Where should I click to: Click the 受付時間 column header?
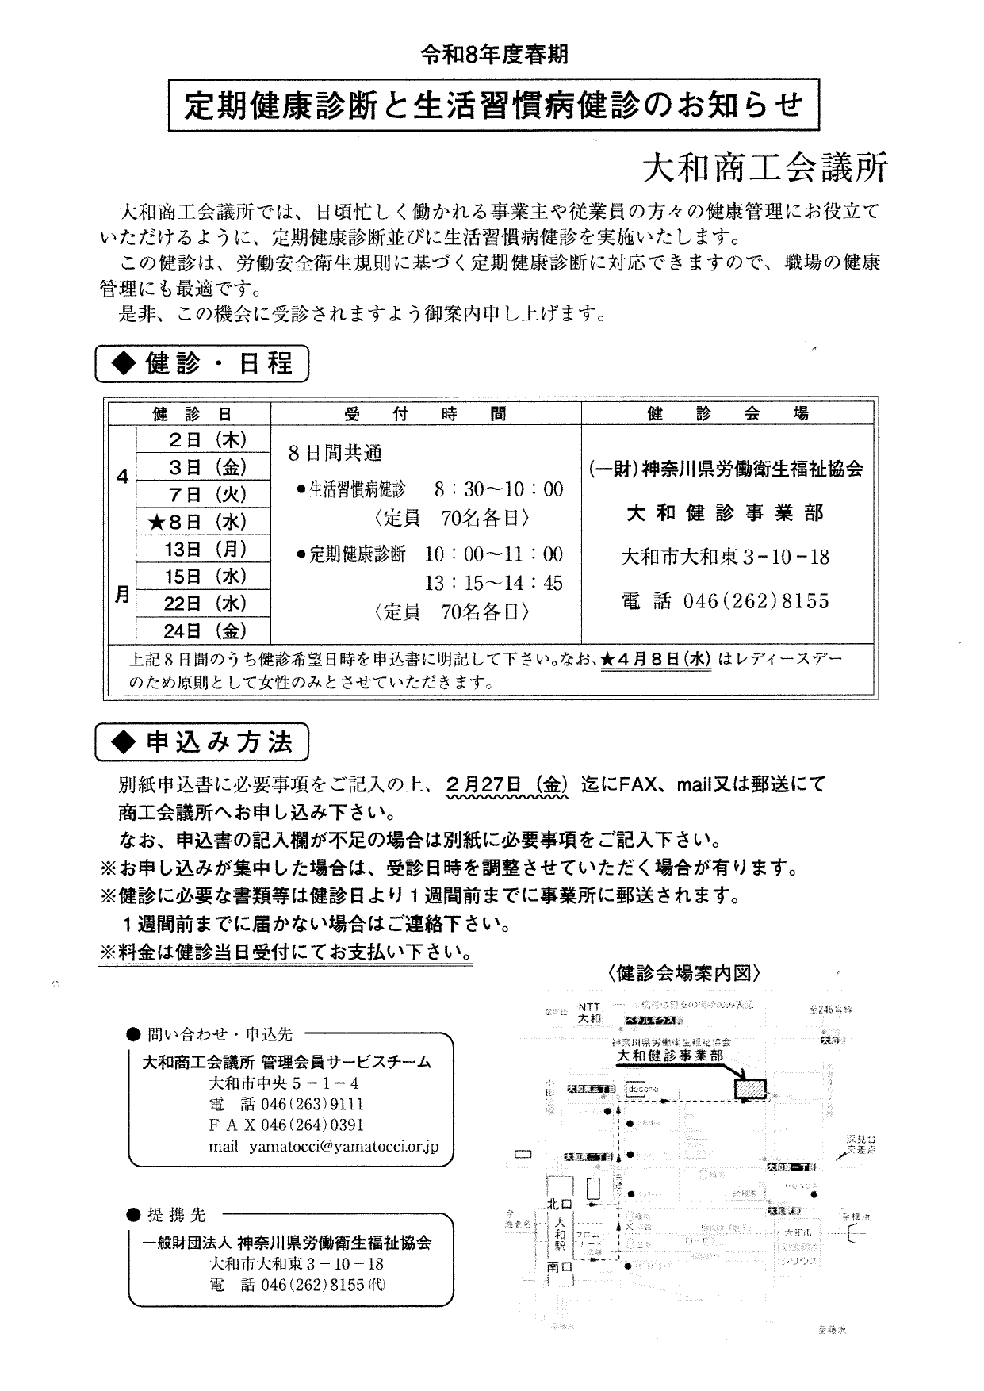pos(426,413)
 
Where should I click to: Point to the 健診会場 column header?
pos(728,413)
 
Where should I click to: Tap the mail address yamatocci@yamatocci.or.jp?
pos(343,1146)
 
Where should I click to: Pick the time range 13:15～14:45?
pos(493,584)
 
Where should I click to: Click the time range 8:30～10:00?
pos(498,489)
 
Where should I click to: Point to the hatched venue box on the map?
pos(751,1088)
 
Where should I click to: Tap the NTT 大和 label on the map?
pos(589,1013)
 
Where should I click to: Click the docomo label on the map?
pos(642,1090)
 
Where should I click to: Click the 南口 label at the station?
pos(558,1268)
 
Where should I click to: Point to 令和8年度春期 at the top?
pos(494,55)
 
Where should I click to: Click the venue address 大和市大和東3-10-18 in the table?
pos(726,558)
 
